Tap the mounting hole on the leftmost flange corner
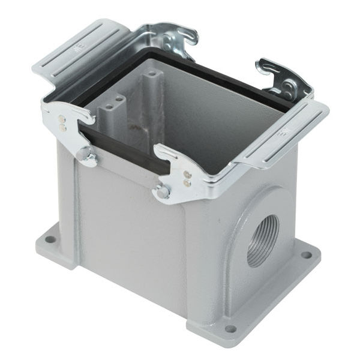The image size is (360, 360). click(x=50, y=239)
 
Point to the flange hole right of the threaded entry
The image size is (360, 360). click(x=306, y=255)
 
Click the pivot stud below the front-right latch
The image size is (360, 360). click(x=162, y=192)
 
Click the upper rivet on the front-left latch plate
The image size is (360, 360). click(x=61, y=119)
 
